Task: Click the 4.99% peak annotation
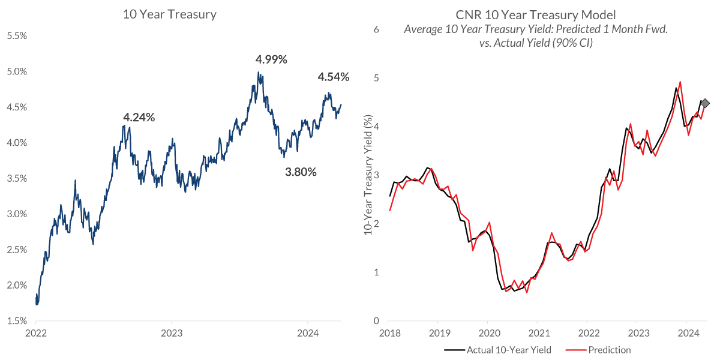tap(271, 59)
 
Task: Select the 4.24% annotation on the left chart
tap(139, 118)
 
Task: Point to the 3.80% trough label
tap(300, 172)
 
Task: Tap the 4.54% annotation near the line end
tap(333, 77)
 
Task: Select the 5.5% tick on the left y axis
tap(16, 36)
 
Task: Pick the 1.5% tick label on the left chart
tap(16, 321)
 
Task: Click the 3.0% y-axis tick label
tap(16, 214)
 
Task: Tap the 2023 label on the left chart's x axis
tap(172, 332)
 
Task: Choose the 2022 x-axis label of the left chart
tap(36, 332)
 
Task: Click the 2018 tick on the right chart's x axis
tap(390, 332)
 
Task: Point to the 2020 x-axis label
tap(489, 332)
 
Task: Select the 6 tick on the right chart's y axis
tap(377, 29)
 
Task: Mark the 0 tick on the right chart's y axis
tap(377, 320)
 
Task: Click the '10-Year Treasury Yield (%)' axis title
tap(368, 174)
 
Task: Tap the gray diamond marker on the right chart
tap(705, 103)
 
